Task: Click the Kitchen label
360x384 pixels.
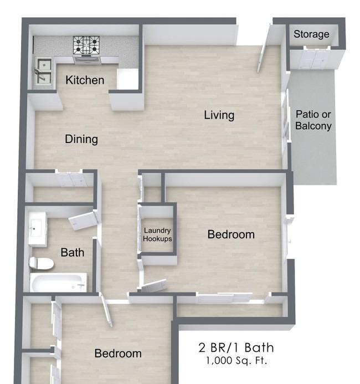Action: pyautogui.click(x=85, y=80)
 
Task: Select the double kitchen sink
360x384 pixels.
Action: pyautogui.click(x=43, y=71)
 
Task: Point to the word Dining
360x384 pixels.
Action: pyautogui.click(x=81, y=139)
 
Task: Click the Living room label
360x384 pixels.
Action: pyautogui.click(x=219, y=115)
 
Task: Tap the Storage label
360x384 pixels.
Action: pyautogui.click(x=311, y=34)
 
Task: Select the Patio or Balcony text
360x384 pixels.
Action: pyautogui.click(x=313, y=120)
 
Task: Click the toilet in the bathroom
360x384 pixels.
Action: pyautogui.click(x=41, y=264)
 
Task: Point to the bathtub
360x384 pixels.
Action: pyautogui.click(x=58, y=282)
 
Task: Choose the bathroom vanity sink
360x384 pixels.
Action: pyautogui.click(x=37, y=229)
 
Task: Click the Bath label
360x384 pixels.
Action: pyautogui.click(x=73, y=253)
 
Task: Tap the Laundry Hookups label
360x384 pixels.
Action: pyautogui.click(x=157, y=234)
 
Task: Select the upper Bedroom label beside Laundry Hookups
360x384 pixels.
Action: pyautogui.click(x=231, y=234)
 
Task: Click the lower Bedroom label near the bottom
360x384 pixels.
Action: pyautogui.click(x=118, y=354)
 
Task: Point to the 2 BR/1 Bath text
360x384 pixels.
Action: pyautogui.click(x=236, y=348)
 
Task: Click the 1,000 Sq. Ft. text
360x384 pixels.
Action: pyautogui.click(x=236, y=361)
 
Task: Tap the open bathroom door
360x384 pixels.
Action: pyautogui.click(x=84, y=221)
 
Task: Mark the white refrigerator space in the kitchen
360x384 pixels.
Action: pyautogui.click(x=127, y=79)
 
